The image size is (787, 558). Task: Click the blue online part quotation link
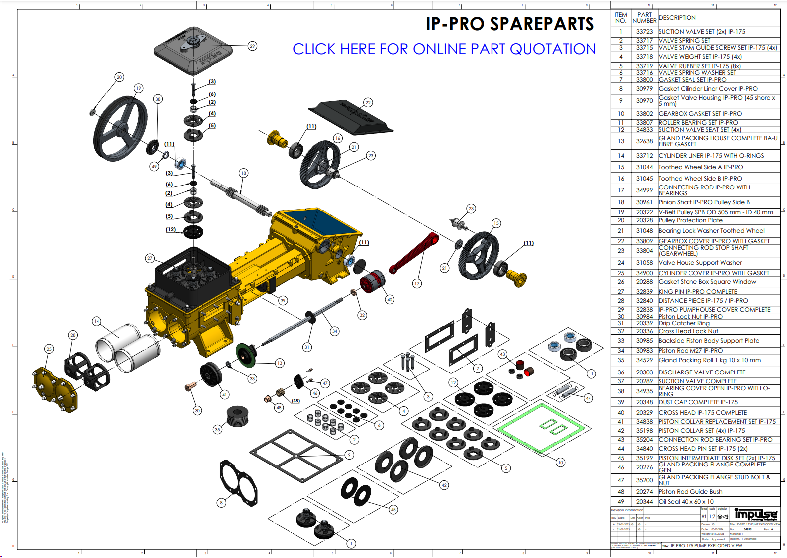[x=444, y=49]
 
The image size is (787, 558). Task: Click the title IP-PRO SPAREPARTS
[x=509, y=24]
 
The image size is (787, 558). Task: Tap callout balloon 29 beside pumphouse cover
[x=252, y=46]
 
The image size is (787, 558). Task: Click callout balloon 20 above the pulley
[x=119, y=77]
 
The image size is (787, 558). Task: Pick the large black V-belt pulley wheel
[x=120, y=128]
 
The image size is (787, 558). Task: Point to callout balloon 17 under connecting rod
[x=417, y=283]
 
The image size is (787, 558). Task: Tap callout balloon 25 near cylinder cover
[x=49, y=349]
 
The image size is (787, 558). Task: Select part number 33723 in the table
[x=644, y=32]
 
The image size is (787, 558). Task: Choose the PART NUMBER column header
[x=644, y=18]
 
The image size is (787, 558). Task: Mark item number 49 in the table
[x=621, y=502]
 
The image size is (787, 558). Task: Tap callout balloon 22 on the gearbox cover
[x=368, y=102]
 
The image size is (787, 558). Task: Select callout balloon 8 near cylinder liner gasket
[x=221, y=503]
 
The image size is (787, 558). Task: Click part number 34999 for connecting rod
[x=644, y=190]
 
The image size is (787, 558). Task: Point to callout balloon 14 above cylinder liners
[x=97, y=321]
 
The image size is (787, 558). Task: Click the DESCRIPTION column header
[x=677, y=18]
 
